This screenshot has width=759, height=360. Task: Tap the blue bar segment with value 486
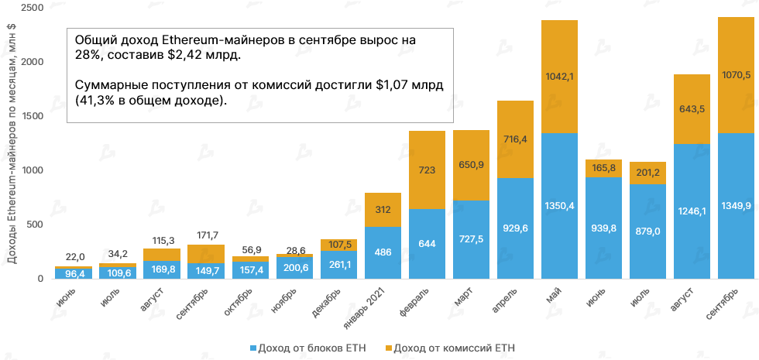382,252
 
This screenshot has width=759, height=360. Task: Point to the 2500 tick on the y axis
30,8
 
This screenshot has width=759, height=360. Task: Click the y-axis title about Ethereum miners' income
11,143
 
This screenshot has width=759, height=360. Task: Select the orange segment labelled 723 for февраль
427,170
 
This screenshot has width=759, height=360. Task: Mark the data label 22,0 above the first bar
74,257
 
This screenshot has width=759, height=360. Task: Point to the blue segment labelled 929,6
515,228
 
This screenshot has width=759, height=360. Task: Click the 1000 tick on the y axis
30,170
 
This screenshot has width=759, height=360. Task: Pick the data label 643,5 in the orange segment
692,109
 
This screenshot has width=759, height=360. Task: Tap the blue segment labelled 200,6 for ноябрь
294,268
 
